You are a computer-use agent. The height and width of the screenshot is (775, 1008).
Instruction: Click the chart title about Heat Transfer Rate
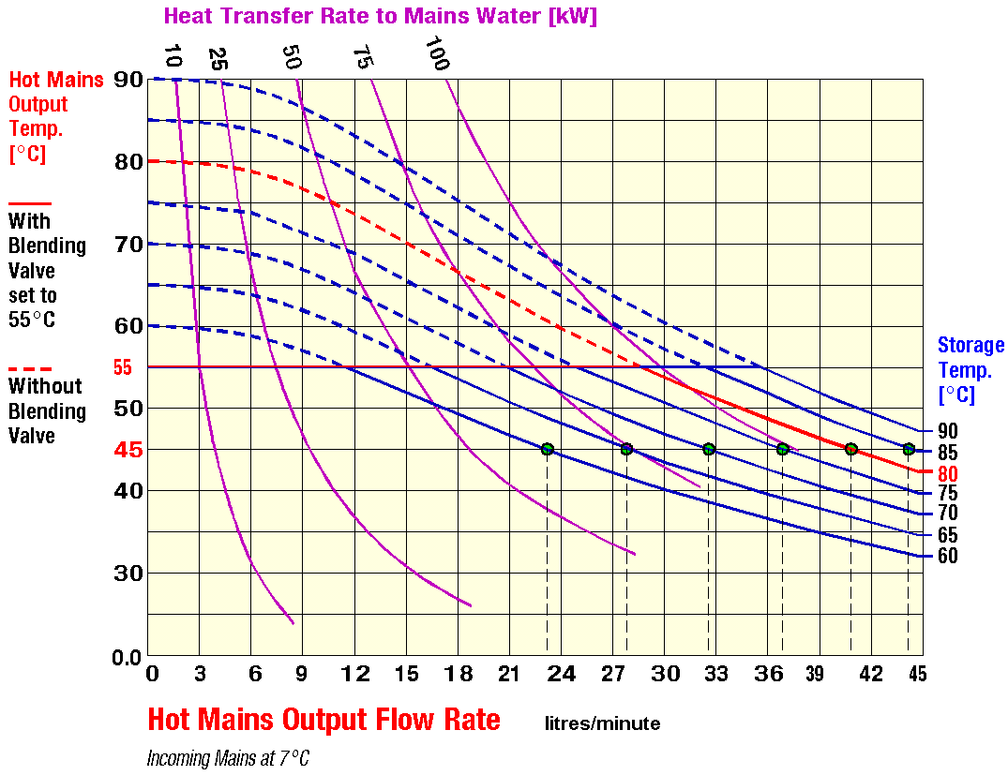[380, 16]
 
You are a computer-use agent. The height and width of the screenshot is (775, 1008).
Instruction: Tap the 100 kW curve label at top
[437, 53]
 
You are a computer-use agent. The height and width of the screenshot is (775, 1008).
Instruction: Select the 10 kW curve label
[172, 55]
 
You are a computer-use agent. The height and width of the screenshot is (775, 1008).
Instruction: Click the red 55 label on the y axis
[123, 367]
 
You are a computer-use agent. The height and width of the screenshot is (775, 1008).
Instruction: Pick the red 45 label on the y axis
[128, 450]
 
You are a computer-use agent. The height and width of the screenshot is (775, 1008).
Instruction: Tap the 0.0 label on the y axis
[126, 657]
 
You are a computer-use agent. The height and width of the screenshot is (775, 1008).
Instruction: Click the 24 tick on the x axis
[561, 674]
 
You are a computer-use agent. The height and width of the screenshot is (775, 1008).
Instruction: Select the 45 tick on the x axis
[916, 674]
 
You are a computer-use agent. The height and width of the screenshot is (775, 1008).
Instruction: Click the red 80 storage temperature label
[948, 473]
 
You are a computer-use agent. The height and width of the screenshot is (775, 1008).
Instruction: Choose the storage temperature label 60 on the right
[948, 556]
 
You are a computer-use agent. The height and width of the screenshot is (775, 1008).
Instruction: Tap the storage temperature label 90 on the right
[948, 432]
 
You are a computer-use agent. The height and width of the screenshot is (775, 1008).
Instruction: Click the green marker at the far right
[909, 449]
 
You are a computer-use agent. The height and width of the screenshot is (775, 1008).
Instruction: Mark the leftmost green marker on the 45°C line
[548, 449]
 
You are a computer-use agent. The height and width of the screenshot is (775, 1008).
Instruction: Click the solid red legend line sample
[30, 202]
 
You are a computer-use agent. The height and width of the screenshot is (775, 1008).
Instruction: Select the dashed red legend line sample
[30, 368]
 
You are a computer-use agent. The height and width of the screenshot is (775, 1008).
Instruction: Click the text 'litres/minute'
[603, 723]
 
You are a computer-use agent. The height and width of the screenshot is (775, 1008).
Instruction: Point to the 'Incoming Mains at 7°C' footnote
[228, 758]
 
